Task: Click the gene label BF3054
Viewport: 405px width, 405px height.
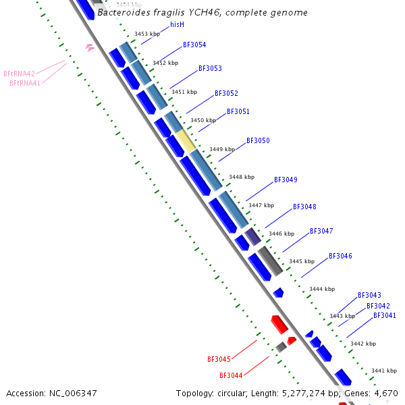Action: tap(194, 45)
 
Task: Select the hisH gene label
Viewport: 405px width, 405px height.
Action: tap(177, 24)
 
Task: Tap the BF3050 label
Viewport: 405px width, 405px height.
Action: tap(258, 140)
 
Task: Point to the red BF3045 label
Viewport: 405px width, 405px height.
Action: tap(219, 359)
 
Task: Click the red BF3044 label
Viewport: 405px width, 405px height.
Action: tap(231, 375)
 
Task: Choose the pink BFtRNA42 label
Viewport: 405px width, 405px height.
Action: tap(19, 74)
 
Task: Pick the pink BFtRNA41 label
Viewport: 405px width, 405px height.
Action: tap(25, 84)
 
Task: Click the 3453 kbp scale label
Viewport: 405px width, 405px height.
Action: tap(146, 34)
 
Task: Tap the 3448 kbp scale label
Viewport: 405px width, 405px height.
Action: tap(241, 177)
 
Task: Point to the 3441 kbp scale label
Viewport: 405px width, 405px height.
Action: tap(383, 371)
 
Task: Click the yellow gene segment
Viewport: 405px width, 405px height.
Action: tap(186, 140)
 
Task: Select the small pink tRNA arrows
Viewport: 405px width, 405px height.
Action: tap(90, 47)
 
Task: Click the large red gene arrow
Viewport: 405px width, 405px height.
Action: tap(279, 324)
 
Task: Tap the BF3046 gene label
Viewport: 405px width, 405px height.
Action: tap(340, 256)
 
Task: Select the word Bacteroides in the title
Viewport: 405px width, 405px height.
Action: tap(124, 13)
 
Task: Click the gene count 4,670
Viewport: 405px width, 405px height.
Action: tap(386, 393)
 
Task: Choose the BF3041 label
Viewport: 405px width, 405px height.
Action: tap(385, 315)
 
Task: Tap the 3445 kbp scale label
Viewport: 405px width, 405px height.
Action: tap(301, 261)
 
